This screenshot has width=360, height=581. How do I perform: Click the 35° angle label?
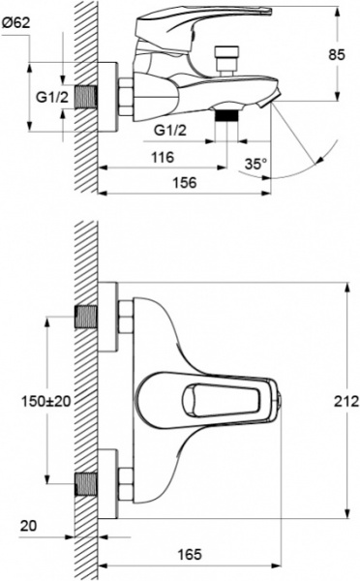[x=254, y=164]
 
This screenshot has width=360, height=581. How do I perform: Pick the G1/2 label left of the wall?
[x=51, y=98]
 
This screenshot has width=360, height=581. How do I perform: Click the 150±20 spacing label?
[x=45, y=399]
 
